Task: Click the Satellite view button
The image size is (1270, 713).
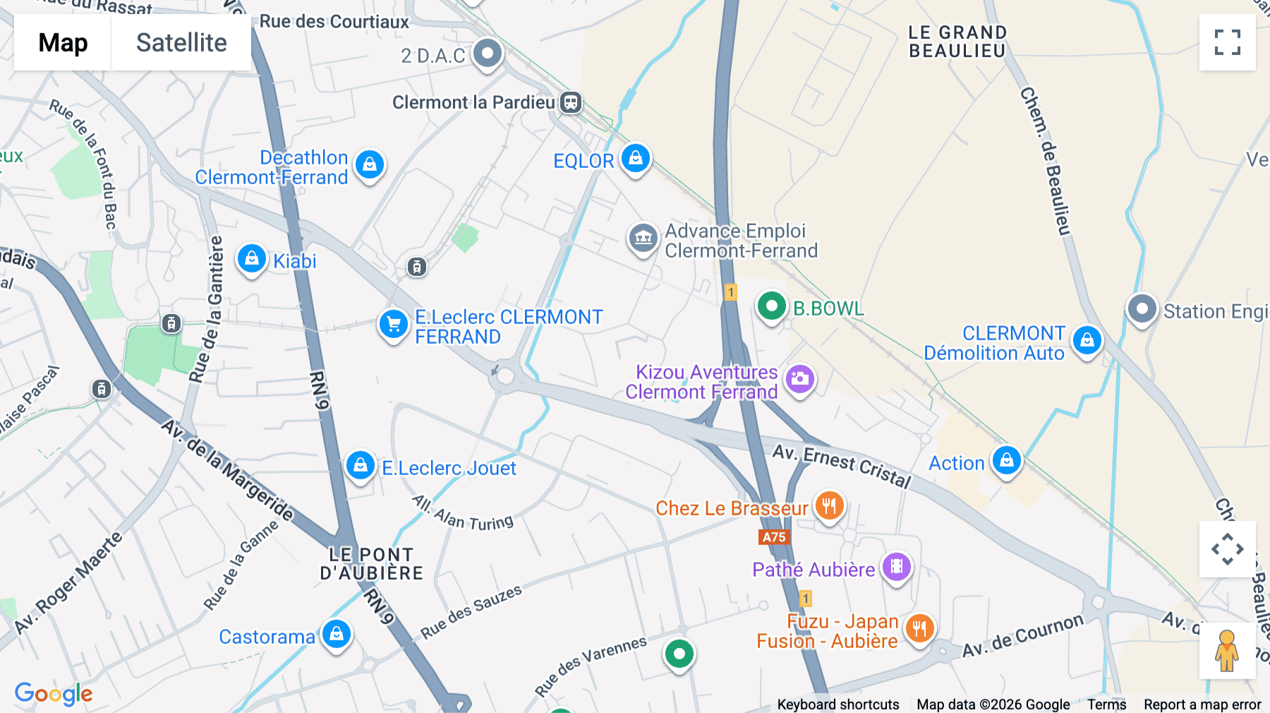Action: point(181,42)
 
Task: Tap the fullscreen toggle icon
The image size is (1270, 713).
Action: point(1227,42)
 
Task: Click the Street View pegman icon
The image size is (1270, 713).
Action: point(1227,650)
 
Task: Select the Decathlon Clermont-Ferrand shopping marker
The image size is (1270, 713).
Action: point(370,164)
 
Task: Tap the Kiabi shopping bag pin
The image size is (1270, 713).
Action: point(252,259)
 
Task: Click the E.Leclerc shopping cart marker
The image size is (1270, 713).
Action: point(394,325)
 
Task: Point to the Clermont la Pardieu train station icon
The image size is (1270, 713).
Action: point(571,102)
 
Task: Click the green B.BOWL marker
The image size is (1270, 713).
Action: point(771,307)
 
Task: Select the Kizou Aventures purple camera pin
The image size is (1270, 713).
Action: point(799,380)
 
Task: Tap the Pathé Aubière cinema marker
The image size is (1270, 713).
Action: point(897,567)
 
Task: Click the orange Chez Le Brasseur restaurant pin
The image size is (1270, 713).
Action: point(830,506)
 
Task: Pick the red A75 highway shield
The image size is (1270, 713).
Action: point(774,537)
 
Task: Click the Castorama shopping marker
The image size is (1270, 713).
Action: point(337,634)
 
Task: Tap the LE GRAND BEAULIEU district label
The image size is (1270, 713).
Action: point(957,42)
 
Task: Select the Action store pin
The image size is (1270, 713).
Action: point(1007,461)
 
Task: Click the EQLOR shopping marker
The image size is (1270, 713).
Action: point(636,159)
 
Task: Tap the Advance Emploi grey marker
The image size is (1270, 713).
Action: point(643,239)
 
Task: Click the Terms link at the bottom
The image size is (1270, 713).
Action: point(1106,704)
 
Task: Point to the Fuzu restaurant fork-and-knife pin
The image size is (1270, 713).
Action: point(919,628)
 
